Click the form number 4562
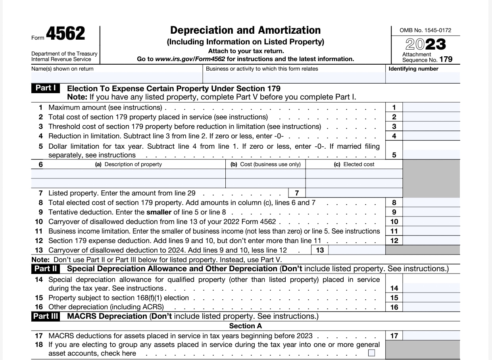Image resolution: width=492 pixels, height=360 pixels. (65, 34)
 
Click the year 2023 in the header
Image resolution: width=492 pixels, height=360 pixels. (425, 44)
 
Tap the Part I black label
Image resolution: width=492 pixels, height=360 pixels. (46, 88)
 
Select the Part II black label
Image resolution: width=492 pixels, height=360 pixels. (46, 269)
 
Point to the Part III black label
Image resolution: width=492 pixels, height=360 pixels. (46, 316)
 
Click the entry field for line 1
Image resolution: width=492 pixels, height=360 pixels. (431, 107)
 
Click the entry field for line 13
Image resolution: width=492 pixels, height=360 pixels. (356, 250)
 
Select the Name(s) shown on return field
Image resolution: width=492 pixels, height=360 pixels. (117, 78)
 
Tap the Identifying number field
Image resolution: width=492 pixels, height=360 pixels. (423, 78)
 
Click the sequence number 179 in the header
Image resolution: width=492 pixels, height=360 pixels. (446, 60)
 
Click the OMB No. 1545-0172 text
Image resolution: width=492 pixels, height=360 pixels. (425, 30)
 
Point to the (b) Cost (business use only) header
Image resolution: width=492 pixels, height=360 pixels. (265, 164)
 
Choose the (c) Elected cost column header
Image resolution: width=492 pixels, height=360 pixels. (354, 164)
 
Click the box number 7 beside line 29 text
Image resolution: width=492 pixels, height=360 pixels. (297, 193)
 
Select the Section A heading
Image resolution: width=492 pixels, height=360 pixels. (246, 326)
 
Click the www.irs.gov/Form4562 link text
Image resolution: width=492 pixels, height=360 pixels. (190, 59)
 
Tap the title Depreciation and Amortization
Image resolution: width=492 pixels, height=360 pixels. (245, 31)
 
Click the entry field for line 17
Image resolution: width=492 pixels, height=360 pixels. (431, 336)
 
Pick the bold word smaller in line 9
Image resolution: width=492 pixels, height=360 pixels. (159, 212)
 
